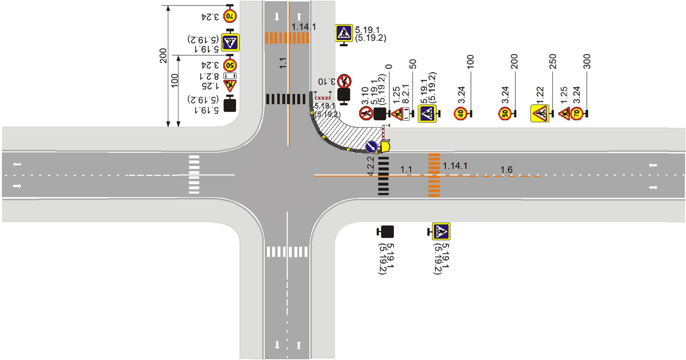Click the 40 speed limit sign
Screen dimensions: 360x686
pyautogui.click(x=460, y=114)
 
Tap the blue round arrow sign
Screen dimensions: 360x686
pyautogui.click(x=371, y=147)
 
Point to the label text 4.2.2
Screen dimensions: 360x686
pyautogui.click(x=370, y=165)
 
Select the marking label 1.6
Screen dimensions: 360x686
pyautogui.click(x=506, y=170)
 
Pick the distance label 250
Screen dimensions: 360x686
pyautogui.click(x=553, y=61)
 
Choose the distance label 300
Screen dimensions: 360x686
pyautogui.click(x=587, y=61)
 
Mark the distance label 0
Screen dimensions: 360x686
pyautogui.click(x=389, y=67)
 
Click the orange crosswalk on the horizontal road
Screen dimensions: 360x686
pyautogui.click(x=434, y=175)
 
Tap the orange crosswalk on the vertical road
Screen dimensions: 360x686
pyautogui.click(x=287, y=38)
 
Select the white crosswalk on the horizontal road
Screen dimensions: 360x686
pyautogui.click(x=194, y=174)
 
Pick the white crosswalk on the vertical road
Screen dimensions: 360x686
pyautogui.click(x=287, y=252)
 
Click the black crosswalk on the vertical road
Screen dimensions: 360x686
pyautogui.click(x=285, y=99)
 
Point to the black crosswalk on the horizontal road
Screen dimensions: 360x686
pyautogui.click(x=383, y=176)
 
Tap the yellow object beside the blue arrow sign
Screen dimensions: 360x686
pyautogui.click(x=386, y=147)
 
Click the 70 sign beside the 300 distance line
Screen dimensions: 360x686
pyautogui.click(x=577, y=114)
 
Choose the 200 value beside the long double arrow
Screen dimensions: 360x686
pyautogui.click(x=163, y=56)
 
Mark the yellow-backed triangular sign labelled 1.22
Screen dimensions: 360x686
pyautogui.click(x=540, y=114)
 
